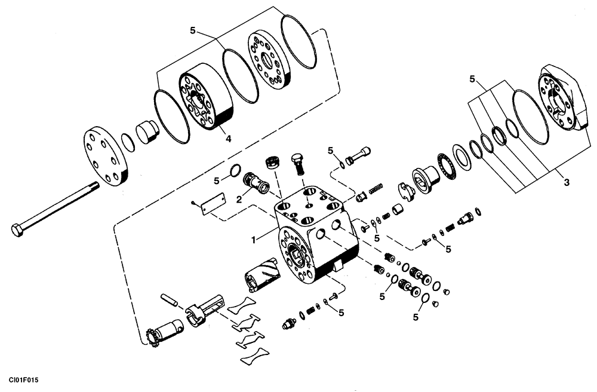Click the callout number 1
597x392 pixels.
click(x=254, y=240)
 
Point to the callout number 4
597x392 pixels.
click(x=227, y=139)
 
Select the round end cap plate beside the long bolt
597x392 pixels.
click(x=104, y=155)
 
